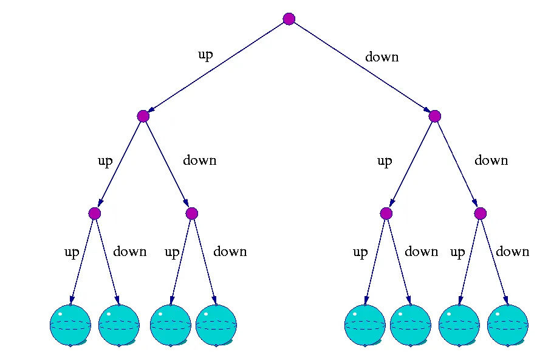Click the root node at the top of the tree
click(289, 19)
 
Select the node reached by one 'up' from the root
click(143, 116)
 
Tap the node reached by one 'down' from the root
click(434, 116)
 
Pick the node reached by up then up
click(94, 213)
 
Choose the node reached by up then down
click(192, 213)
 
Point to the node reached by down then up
click(386, 213)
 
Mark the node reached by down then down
click(481, 213)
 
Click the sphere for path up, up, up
click(70, 325)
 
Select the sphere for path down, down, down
click(507, 325)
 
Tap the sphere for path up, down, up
click(170, 325)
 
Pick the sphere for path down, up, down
click(410, 325)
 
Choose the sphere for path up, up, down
click(118, 325)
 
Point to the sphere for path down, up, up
click(364, 325)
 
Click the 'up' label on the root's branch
click(205, 55)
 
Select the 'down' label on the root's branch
click(382, 57)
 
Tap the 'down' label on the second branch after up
click(199, 161)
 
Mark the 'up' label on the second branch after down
click(385, 161)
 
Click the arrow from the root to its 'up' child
click(216, 67)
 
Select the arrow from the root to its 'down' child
click(361, 67)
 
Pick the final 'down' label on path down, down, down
click(512, 252)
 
